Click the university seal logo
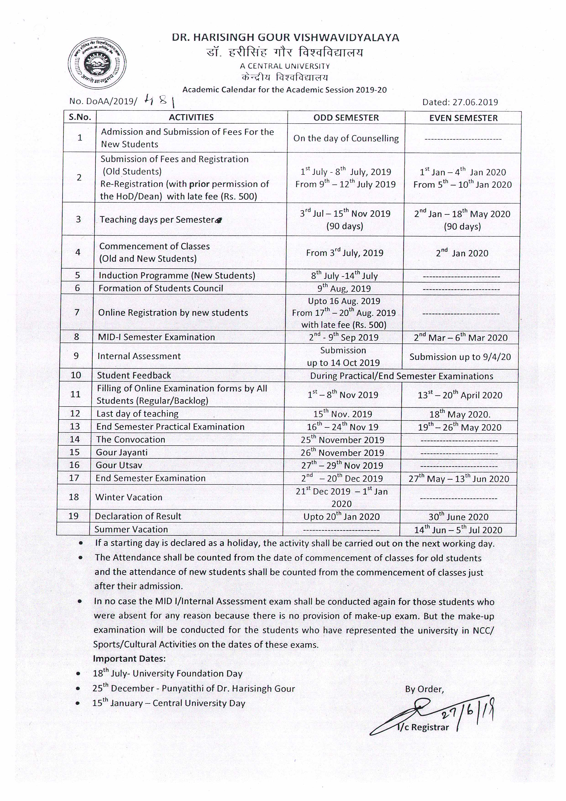97,63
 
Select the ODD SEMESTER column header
346,118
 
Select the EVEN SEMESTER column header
463,118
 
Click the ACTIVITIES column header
191,117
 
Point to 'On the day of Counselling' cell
346,138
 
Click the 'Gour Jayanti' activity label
122,452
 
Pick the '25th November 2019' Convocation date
342,440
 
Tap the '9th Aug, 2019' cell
344,288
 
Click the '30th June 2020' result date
458,517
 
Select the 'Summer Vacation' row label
131,529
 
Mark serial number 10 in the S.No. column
76,375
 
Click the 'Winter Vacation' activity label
128,497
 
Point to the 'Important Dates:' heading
129,659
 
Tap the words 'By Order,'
424,689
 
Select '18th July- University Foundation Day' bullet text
167,674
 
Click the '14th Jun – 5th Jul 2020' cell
458,530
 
